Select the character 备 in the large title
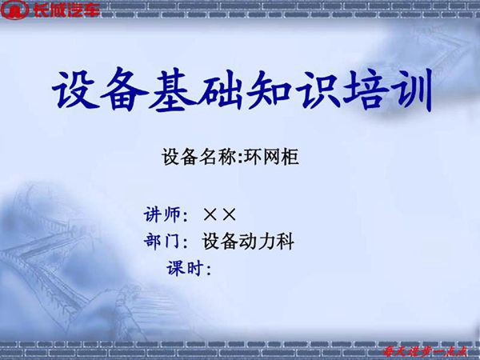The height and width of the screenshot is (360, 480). (126, 90)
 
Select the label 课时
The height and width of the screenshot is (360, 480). (184, 267)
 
